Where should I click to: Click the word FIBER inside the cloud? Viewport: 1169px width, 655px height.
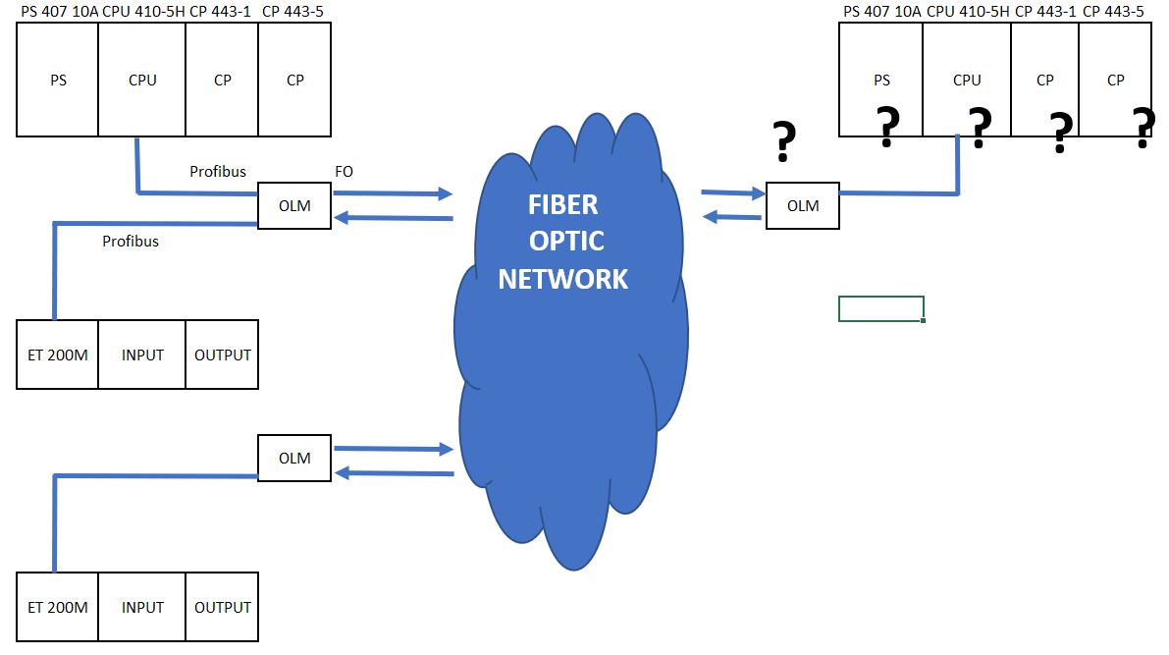click(x=563, y=206)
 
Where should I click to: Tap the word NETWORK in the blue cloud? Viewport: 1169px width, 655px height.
click(x=563, y=279)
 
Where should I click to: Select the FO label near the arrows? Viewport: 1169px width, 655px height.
click(x=345, y=172)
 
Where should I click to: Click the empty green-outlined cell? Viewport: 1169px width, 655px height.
click(x=881, y=308)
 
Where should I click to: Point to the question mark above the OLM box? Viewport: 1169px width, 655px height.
click(x=783, y=143)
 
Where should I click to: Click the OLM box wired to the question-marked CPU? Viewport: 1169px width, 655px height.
click(x=803, y=206)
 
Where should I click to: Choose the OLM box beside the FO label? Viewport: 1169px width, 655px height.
click(x=294, y=206)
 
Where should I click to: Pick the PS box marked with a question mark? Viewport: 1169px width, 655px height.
click(x=881, y=81)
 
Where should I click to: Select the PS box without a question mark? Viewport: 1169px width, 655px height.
click(x=58, y=80)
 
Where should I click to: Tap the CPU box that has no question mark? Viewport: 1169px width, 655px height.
click(x=142, y=80)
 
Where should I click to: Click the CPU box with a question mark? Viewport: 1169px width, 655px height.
click(x=967, y=81)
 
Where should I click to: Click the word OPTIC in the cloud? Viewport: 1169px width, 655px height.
click(x=563, y=243)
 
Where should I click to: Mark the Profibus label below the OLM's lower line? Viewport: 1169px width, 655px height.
click(x=131, y=241)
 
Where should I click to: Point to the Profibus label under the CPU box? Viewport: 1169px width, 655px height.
click(x=217, y=172)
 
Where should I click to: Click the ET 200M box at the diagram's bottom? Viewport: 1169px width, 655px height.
click(x=57, y=607)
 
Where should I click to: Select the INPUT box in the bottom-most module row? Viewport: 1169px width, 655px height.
click(x=142, y=607)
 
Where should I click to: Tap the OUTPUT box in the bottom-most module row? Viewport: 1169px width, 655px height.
click(x=223, y=607)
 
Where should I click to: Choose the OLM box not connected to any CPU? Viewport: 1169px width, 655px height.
click(x=294, y=459)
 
